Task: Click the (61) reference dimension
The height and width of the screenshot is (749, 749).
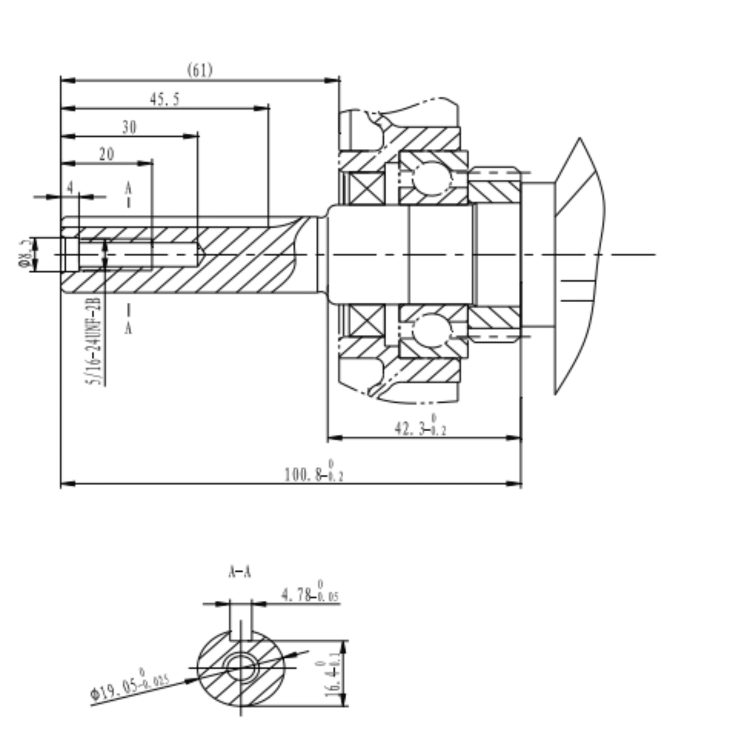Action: click(200, 70)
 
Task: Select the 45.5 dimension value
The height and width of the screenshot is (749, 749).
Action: click(165, 99)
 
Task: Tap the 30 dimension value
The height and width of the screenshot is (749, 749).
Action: click(129, 127)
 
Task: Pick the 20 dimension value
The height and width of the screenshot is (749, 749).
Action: click(106, 154)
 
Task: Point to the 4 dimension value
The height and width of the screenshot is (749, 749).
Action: click(70, 187)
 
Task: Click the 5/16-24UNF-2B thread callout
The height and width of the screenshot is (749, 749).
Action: click(95, 341)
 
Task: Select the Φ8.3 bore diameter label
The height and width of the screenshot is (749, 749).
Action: click(24, 254)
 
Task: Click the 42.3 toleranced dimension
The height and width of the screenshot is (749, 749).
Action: click(420, 427)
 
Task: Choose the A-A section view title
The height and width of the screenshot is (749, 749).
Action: click(239, 572)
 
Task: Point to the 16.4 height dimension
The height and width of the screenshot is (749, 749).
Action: click(333, 673)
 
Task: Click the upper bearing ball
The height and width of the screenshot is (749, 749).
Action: click(431, 177)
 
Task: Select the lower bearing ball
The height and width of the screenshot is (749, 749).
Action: click(431, 331)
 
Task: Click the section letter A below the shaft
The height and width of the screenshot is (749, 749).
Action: click(128, 328)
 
